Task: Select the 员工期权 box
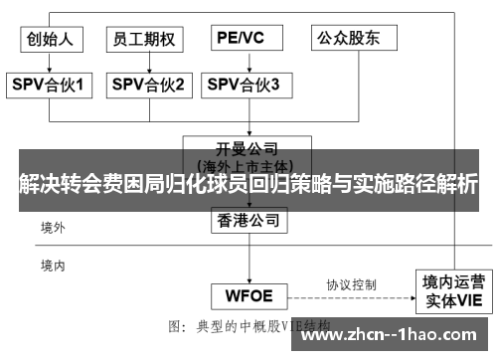144,39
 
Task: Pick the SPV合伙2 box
148,85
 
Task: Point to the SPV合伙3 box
244,85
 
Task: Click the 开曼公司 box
240,151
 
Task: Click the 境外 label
52,228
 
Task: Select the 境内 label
52,265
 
